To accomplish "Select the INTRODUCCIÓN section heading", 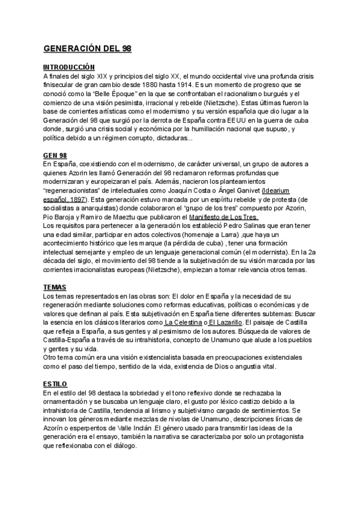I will [70, 68].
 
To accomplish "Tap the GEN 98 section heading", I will [55, 155].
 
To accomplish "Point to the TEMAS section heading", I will [55, 287].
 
